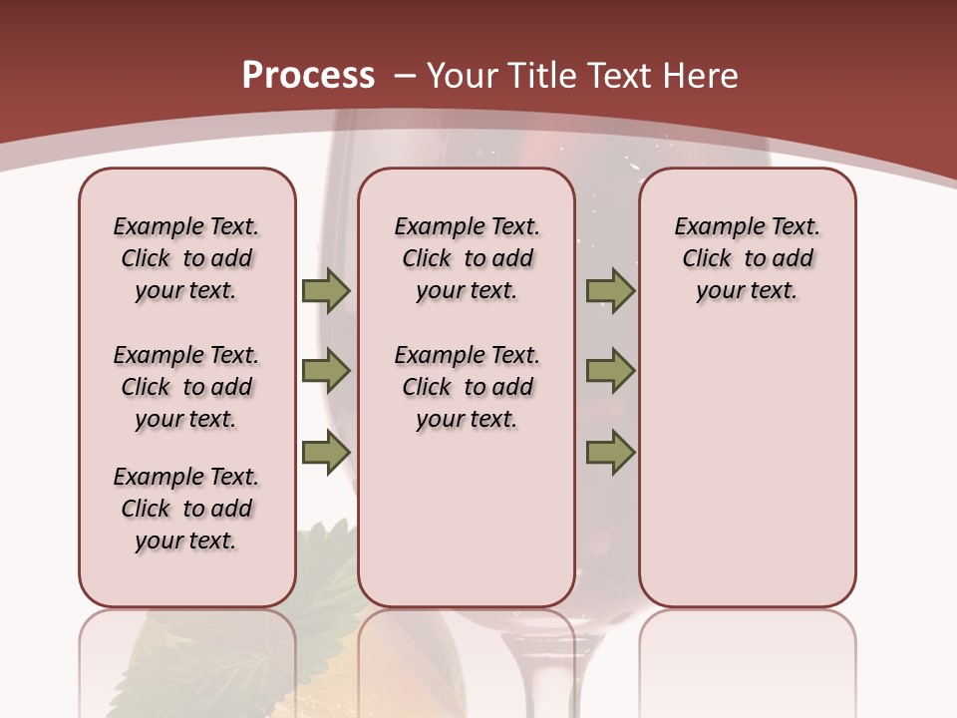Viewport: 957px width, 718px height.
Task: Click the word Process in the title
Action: coord(308,76)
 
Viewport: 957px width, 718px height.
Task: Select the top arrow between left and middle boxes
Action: coord(326,290)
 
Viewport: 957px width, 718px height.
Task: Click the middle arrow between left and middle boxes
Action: coord(326,371)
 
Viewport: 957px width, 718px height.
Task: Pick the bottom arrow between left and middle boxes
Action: coord(326,453)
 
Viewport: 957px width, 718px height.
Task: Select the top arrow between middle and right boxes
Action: coord(610,290)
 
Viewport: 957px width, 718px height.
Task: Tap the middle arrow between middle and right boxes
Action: coord(610,371)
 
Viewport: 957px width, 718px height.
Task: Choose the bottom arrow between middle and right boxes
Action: coord(610,453)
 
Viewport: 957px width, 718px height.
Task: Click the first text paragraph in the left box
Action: coord(186,258)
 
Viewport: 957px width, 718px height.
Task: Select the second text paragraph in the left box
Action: coord(186,387)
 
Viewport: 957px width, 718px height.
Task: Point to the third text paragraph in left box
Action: coord(186,509)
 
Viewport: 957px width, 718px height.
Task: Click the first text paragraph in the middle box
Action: coord(467,258)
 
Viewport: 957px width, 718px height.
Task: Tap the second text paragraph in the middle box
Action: coord(467,387)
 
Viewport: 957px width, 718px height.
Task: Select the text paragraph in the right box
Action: coord(747,258)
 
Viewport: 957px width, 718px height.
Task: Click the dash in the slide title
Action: coord(405,76)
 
